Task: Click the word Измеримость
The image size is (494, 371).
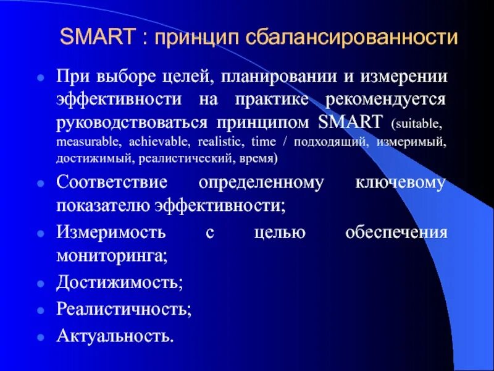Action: (111, 233)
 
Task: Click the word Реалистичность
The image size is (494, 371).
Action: (124, 309)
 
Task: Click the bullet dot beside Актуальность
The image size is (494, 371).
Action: (40, 338)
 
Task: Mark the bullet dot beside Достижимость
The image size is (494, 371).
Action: (40, 284)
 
